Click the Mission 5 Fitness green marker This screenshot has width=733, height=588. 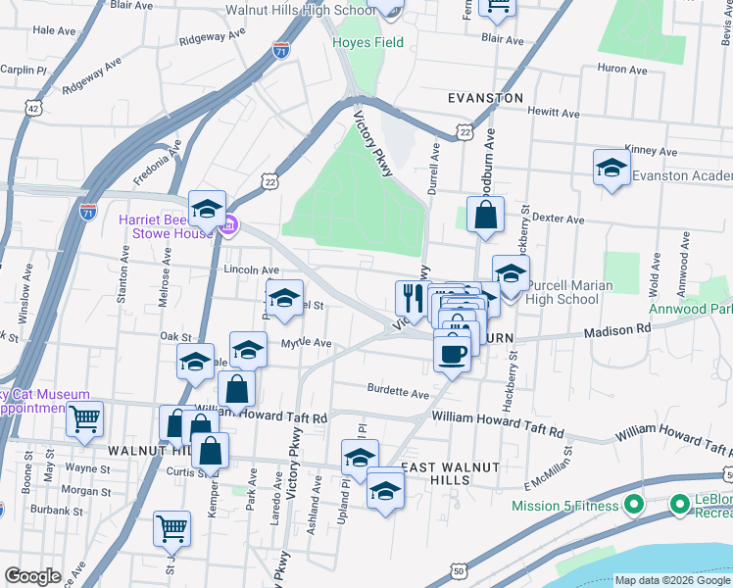tap(633, 506)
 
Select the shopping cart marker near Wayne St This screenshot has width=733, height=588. tap(85, 419)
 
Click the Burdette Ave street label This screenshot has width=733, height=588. tap(398, 393)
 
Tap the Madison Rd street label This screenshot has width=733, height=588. tap(616, 331)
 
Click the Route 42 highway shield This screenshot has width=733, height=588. tap(34, 108)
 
